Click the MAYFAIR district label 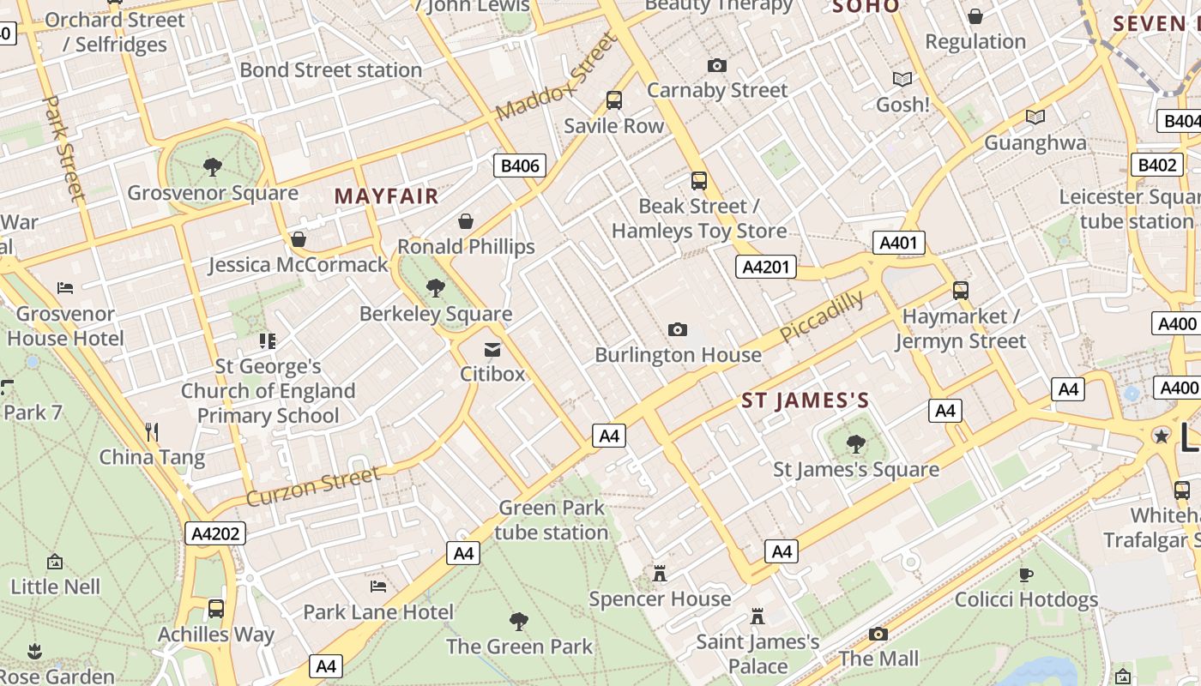[x=386, y=196]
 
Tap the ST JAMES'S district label [x=805, y=400]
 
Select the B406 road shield [x=520, y=165]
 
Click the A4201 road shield [x=765, y=267]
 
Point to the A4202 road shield [x=215, y=533]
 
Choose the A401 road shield [x=898, y=243]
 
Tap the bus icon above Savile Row [x=614, y=100]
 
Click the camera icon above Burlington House [x=678, y=330]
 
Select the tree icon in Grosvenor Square [x=213, y=166]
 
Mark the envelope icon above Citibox [x=492, y=350]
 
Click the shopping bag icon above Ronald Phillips [x=466, y=222]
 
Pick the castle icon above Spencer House [x=660, y=574]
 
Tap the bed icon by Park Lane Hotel [x=378, y=587]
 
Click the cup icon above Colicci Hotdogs [x=1026, y=575]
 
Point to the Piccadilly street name [x=823, y=316]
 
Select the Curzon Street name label [x=312, y=487]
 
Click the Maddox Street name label [x=556, y=77]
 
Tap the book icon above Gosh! [x=902, y=80]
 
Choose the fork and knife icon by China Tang [x=152, y=432]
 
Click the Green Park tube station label [x=552, y=520]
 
